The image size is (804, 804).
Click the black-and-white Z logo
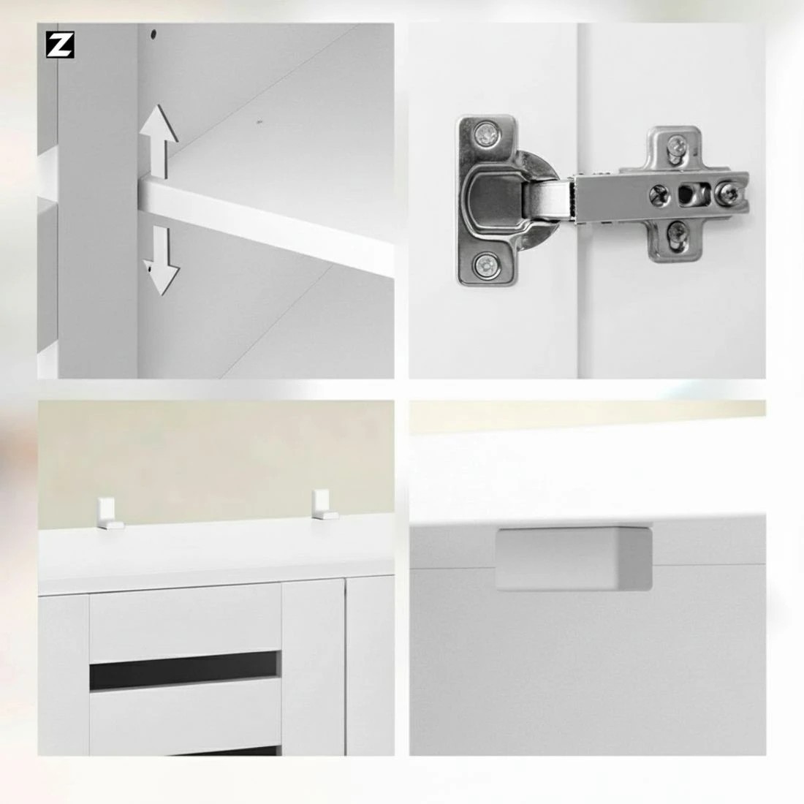[x=61, y=45]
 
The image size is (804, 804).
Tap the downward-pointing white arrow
[x=162, y=260]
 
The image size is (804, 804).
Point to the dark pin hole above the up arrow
[x=154, y=34]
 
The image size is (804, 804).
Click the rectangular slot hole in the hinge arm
[x=687, y=194]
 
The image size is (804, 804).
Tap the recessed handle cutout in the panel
[x=574, y=559]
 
